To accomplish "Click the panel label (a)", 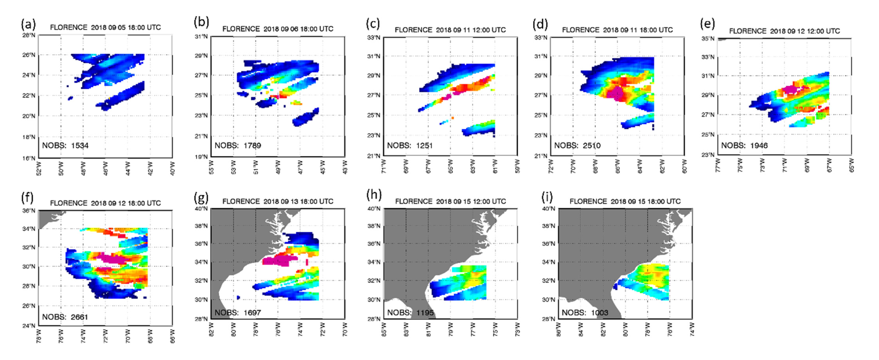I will click(28, 25).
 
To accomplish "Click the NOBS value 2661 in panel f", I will click(80, 317).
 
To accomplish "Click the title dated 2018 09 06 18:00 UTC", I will click(277, 29).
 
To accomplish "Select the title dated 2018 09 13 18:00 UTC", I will click(277, 201).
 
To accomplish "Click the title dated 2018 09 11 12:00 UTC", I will click(450, 30).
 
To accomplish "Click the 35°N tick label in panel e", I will click(708, 38).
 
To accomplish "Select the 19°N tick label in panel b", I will click(201, 157).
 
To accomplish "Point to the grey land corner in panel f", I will click(48, 217).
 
